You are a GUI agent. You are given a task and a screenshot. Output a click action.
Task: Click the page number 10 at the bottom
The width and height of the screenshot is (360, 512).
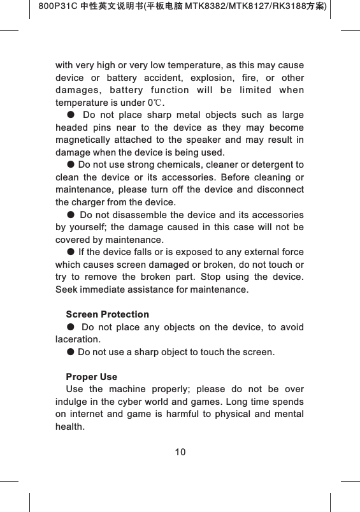coord(180,452)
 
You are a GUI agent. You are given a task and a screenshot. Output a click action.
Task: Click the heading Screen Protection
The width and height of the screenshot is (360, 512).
coord(107,314)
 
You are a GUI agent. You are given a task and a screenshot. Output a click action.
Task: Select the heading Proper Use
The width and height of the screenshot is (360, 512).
coord(91,377)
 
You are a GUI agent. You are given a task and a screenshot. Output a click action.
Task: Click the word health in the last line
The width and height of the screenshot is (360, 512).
coord(69,426)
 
